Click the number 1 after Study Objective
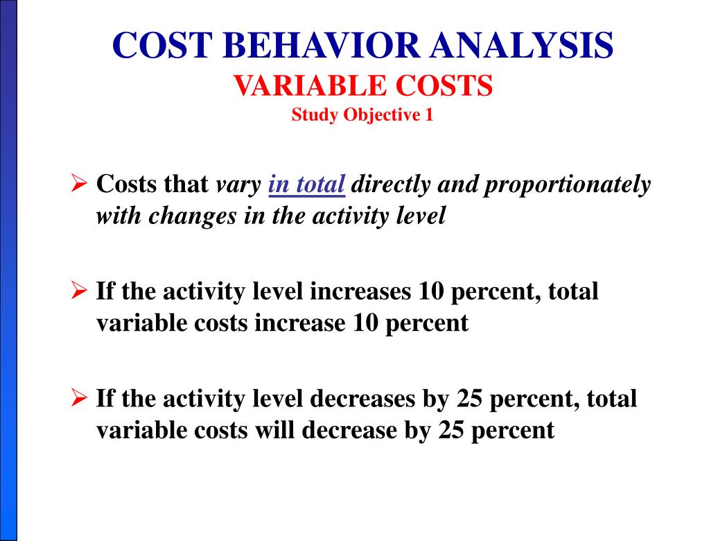pyautogui.click(x=429, y=115)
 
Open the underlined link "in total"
pyautogui.click(x=306, y=185)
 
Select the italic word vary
pyautogui.click(x=239, y=186)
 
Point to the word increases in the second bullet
pyautogui.click(x=360, y=292)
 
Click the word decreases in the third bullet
pyautogui.click(x=363, y=400)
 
